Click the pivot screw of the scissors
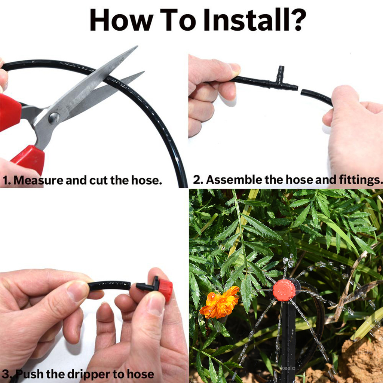coord(54,118)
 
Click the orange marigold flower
coord(220,302)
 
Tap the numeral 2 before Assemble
coord(196,180)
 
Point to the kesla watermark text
coord(288,368)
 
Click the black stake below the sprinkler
coord(287,337)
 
